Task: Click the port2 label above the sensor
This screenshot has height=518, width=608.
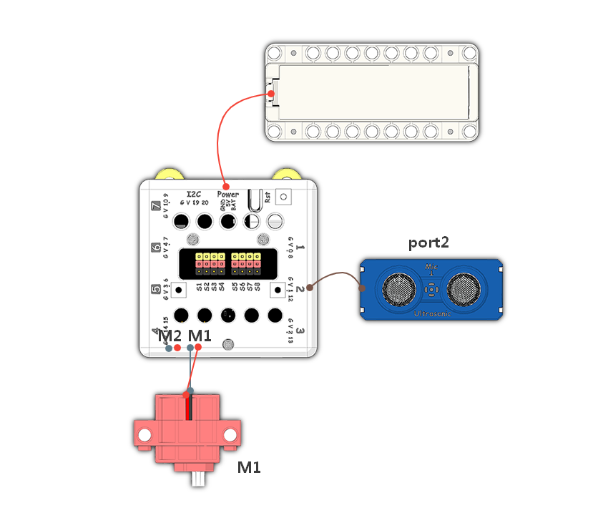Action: click(428, 243)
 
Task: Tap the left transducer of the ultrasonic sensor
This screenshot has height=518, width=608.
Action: click(398, 288)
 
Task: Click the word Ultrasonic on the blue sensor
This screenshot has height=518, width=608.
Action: click(432, 313)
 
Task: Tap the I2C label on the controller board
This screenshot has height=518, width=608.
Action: click(195, 194)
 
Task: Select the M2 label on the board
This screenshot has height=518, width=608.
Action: click(170, 336)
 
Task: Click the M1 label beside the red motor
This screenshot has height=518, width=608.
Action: click(249, 467)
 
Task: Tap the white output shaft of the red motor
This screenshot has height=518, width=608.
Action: click(198, 479)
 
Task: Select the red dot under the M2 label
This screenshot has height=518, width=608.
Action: click(177, 348)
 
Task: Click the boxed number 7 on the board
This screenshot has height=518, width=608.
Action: click(157, 207)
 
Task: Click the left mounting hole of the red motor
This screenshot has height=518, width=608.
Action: click(144, 434)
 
